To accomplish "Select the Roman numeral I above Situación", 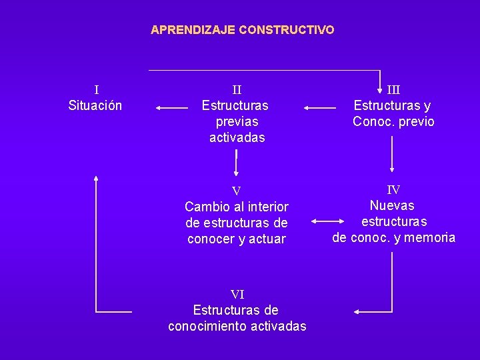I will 96,89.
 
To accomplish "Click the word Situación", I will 95,105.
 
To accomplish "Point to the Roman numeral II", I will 237,89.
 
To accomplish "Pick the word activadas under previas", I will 237,137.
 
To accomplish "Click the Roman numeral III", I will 393,89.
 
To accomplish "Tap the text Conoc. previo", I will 393,121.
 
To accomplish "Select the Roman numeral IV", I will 393,190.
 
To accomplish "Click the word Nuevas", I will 392,205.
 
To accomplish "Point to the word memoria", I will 430,237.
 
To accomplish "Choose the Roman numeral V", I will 236,191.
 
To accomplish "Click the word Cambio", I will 208,207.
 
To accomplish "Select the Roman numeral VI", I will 237,294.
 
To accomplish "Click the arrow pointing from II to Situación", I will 171,107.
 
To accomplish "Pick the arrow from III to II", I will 320,107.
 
